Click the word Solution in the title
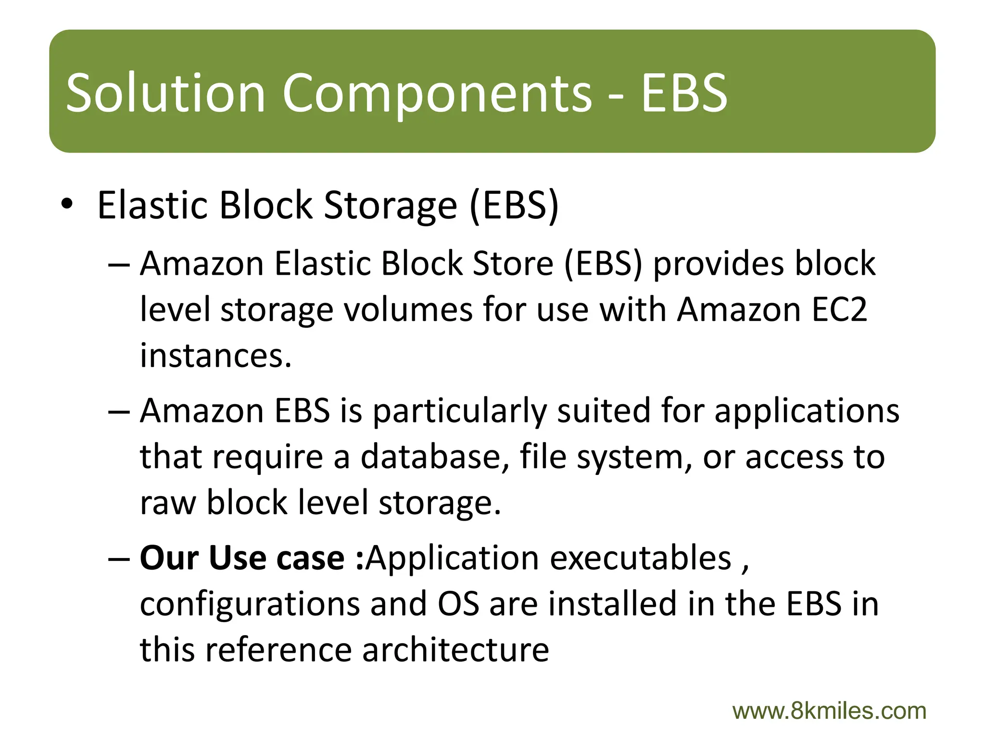[165, 92]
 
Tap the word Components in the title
[436, 92]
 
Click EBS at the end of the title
[684, 92]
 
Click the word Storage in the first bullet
[390, 205]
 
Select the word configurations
[250, 604]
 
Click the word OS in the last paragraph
[458, 604]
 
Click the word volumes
[408, 309]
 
